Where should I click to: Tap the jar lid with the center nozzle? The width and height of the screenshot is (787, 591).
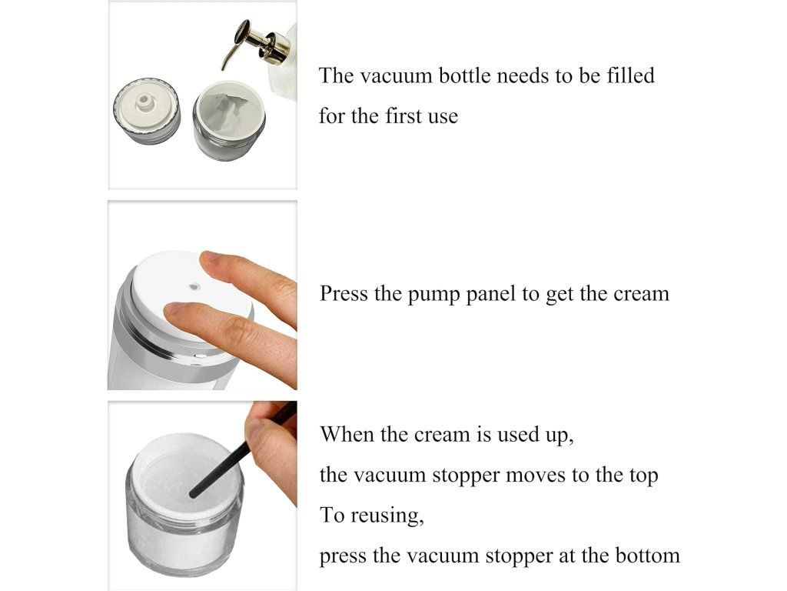click(x=147, y=111)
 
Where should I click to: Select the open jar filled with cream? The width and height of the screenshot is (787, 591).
click(x=229, y=121)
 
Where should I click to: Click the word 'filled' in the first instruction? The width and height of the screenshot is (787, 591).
click(x=630, y=75)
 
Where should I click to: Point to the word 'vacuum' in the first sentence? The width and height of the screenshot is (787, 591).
click(x=397, y=76)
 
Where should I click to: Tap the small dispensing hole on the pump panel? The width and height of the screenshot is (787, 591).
click(x=194, y=287)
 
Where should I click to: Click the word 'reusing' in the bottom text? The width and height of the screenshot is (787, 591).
click(x=387, y=516)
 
